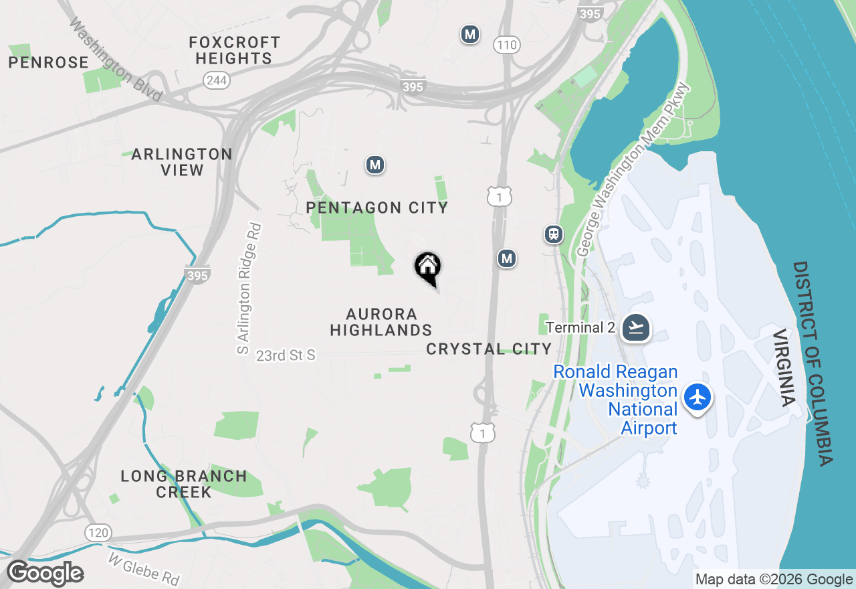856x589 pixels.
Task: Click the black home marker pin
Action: pyautogui.click(x=428, y=267)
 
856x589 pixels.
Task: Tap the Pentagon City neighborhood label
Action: pyautogui.click(x=377, y=207)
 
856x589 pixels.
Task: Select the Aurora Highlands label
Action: pyautogui.click(x=381, y=322)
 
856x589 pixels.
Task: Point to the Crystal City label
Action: pyautogui.click(x=489, y=349)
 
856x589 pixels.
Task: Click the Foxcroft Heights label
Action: pyautogui.click(x=234, y=50)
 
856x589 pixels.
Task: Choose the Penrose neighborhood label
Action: pyautogui.click(x=48, y=62)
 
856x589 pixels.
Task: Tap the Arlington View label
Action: pyautogui.click(x=182, y=162)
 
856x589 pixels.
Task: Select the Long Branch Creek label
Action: pyautogui.click(x=184, y=484)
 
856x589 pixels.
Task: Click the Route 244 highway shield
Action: pyautogui.click(x=217, y=80)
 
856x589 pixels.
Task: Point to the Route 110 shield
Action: pyautogui.click(x=506, y=45)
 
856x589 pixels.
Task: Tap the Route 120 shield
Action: pyautogui.click(x=98, y=533)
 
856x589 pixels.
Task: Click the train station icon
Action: pyautogui.click(x=553, y=234)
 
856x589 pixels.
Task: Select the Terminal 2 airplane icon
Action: pyautogui.click(x=636, y=328)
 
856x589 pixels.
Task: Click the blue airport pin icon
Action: pyautogui.click(x=698, y=397)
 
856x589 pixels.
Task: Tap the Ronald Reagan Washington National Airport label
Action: pyautogui.click(x=615, y=400)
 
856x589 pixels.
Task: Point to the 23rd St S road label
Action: pyautogui.click(x=286, y=355)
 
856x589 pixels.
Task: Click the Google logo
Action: pyautogui.click(x=45, y=574)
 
